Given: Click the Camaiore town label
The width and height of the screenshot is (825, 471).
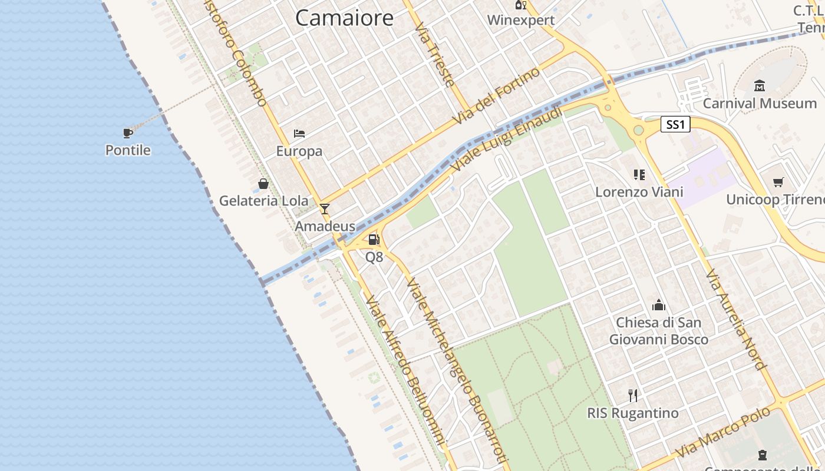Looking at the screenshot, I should pyautogui.click(x=344, y=18).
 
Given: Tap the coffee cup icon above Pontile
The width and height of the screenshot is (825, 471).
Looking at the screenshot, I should pyautogui.click(x=128, y=132).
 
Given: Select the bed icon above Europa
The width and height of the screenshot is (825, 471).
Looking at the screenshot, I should pyautogui.click(x=299, y=134).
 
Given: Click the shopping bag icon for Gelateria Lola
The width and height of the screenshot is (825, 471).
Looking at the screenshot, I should pyautogui.click(x=263, y=184).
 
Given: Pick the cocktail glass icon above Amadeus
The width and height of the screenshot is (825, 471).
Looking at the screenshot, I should pyautogui.click(x=324, y=208).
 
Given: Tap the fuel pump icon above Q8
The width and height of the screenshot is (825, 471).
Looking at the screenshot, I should pyautogui.click(x=374, y=240).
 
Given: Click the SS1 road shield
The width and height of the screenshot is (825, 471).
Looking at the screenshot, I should pyautogui.click(x=675, y=124).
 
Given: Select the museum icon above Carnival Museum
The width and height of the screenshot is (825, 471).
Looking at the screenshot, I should pyautogui.click(x=760, y=86).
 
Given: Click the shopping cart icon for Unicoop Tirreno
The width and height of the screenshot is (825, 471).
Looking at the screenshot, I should pyautogui.click(x=778, y=182).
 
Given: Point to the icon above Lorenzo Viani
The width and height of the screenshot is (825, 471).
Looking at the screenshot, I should pyautogui.click(x=639, y=174).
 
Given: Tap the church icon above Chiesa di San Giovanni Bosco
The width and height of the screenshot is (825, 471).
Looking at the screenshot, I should pyautogui.click(x=658, y=305).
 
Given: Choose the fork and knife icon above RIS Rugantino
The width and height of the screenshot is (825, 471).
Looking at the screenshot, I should pyautogui.click(x=633, y=395).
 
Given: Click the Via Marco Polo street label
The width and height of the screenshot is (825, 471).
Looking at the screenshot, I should pyautogui.click(x=723, y=432).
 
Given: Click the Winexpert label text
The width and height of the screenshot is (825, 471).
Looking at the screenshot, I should pyautogui.click(x=521, y=20).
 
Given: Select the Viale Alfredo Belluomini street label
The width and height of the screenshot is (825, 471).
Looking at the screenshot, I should pyautogui.click(x=404, y=371).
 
